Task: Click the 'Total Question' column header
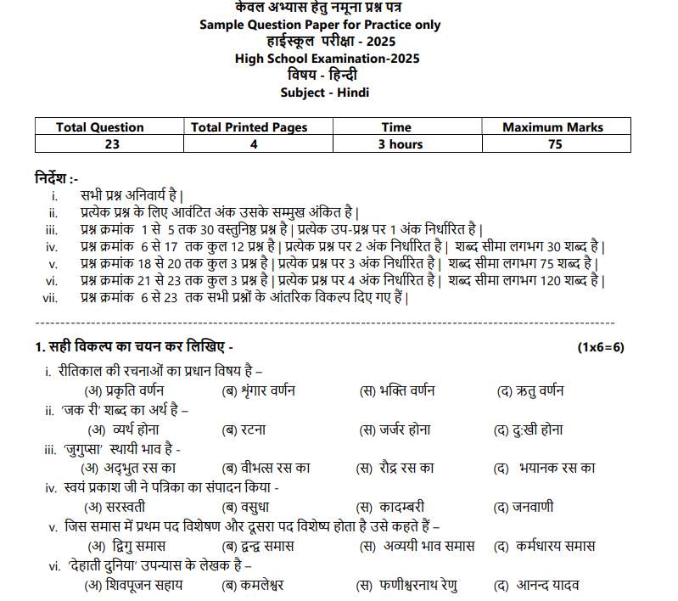pyautogui.click(x=99, y=127)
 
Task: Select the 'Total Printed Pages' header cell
pyautogui.click(x=249, y=127)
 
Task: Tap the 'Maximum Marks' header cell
pyautogui.click(x=552, y=127)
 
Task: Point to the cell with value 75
pyautogui.click(x=555, y=144)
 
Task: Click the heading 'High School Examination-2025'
pyautogui.click(x=327, y=59)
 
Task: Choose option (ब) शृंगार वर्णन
pyautogui.click(x=258, y=391)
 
